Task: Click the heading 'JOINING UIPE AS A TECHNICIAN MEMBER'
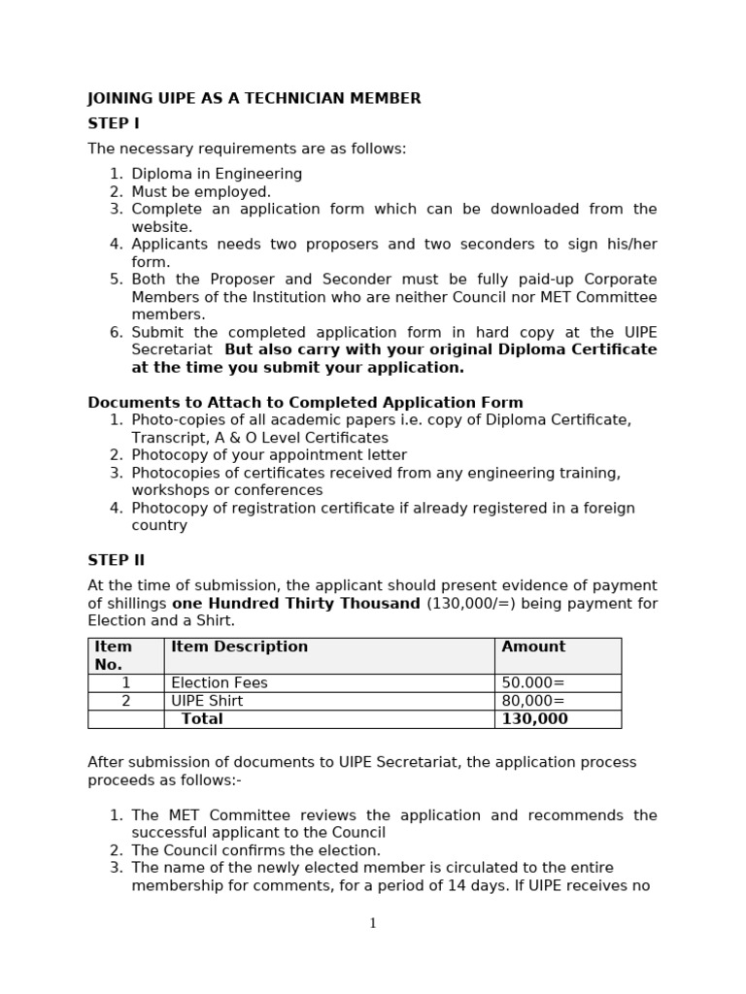[254, 98]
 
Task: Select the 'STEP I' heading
[114, 123]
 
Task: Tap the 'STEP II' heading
[116, 560]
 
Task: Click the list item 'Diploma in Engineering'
[217, 174]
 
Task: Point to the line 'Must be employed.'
[201, 191]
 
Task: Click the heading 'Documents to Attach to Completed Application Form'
[305, 402]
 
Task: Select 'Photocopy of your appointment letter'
[269, 455]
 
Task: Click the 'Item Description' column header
[239, 646]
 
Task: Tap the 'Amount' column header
[533, 646]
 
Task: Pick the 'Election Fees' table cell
[220, 682]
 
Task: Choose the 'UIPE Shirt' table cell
[207, 701]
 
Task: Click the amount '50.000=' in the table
[532, 682]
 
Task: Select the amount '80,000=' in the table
[532, 701]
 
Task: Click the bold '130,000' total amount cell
[534, 719]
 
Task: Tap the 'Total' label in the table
[202, 719]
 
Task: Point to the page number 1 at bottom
[373, 923]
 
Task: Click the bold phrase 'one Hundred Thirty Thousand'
[296, 604]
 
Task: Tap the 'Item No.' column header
[113, 655]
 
